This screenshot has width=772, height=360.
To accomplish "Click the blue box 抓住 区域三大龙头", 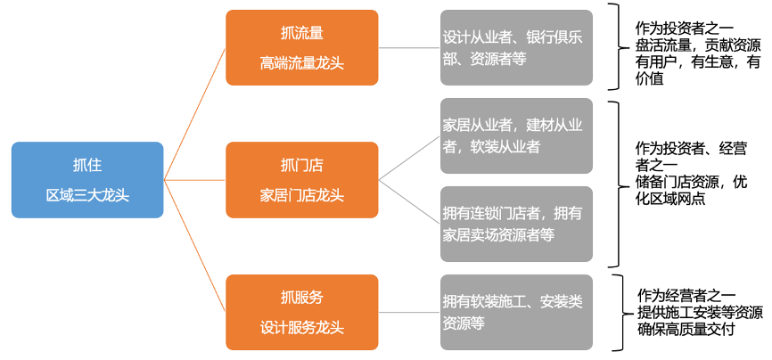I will click(87, 179).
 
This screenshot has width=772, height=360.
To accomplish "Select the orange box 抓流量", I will click(301, 47).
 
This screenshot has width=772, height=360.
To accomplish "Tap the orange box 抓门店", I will click(301, 179).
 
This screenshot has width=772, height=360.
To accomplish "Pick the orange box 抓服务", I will click(301, 311).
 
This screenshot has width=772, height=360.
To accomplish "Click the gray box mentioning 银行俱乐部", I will click(515, 47).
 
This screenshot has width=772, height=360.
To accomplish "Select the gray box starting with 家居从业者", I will click(515, 135).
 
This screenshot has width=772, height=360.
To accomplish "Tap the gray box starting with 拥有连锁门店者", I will click(515, 224).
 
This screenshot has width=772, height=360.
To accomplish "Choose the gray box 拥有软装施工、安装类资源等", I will click(515, 311).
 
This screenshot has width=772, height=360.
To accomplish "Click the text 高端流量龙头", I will click(301, 62).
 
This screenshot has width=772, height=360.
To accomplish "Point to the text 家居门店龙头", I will click(301, 194).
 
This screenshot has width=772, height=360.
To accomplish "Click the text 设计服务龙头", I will click(301, 326).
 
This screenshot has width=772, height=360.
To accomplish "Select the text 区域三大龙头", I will click(87, 194).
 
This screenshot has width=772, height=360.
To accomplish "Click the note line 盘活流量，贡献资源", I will click(692, 45).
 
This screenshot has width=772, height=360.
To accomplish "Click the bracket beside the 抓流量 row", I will click(614, 46).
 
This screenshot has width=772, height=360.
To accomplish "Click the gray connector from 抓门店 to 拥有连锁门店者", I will click(409, 202).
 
